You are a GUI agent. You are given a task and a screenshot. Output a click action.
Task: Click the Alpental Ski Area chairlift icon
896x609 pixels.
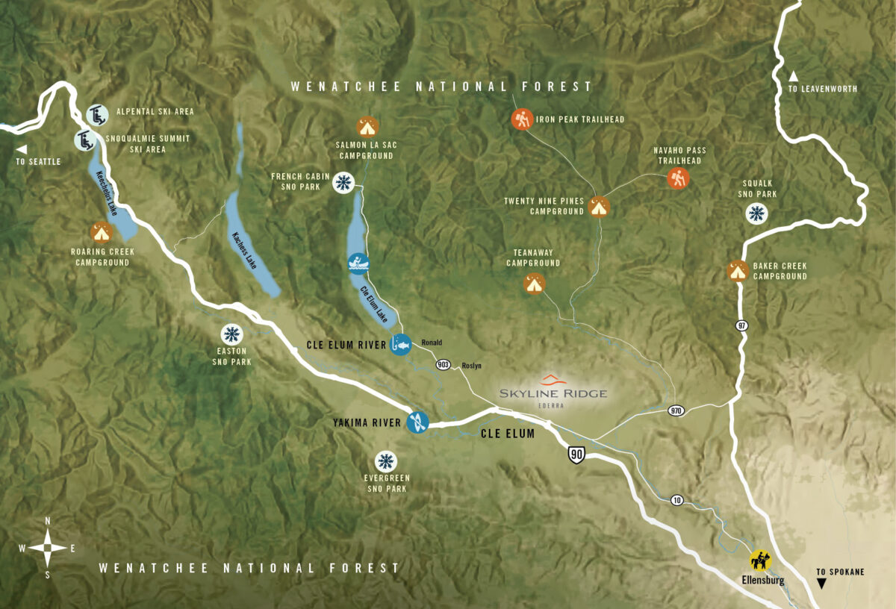tap(96, 115)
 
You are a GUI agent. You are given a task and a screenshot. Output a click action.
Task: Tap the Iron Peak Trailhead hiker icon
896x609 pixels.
tap(522, 119)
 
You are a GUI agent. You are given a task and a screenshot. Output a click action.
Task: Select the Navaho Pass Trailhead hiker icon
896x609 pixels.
tap(678, 178)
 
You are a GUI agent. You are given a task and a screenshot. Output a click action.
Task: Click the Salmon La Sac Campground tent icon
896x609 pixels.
tap(367, 125)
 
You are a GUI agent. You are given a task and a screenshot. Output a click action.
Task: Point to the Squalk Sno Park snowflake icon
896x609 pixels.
tap(757, 213)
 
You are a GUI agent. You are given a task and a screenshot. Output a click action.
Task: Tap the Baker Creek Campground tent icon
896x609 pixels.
tap(738, 270)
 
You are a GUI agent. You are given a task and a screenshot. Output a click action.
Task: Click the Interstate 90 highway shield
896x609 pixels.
tap(575, 455)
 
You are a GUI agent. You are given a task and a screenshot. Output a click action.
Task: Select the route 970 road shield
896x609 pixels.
tap(676, 411)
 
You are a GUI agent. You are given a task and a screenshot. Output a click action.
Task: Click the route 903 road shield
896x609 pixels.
tap(443, 364)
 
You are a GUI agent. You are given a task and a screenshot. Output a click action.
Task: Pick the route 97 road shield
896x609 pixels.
tap(741, 325)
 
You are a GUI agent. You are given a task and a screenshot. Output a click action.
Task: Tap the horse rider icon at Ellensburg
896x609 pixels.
tap(761, 560)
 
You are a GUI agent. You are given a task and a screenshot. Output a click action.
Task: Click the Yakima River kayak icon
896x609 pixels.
tap(417, 423)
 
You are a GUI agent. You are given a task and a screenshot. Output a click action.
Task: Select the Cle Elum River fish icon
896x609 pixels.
tap(400, 345)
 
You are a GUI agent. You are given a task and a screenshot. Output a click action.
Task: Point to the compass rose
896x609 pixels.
tap(48, 547)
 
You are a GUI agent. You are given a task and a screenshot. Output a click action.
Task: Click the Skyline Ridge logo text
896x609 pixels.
tap(553, 393)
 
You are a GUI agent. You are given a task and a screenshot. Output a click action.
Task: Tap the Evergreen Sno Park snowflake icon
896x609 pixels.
tap(386, 461)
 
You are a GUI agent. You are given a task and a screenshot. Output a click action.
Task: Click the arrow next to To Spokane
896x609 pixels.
tap(822, 584)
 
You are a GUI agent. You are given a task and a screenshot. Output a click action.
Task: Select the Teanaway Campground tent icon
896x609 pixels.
tap(534, 284)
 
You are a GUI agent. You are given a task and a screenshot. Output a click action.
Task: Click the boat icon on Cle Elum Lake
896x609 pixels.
tap(359, 263)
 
